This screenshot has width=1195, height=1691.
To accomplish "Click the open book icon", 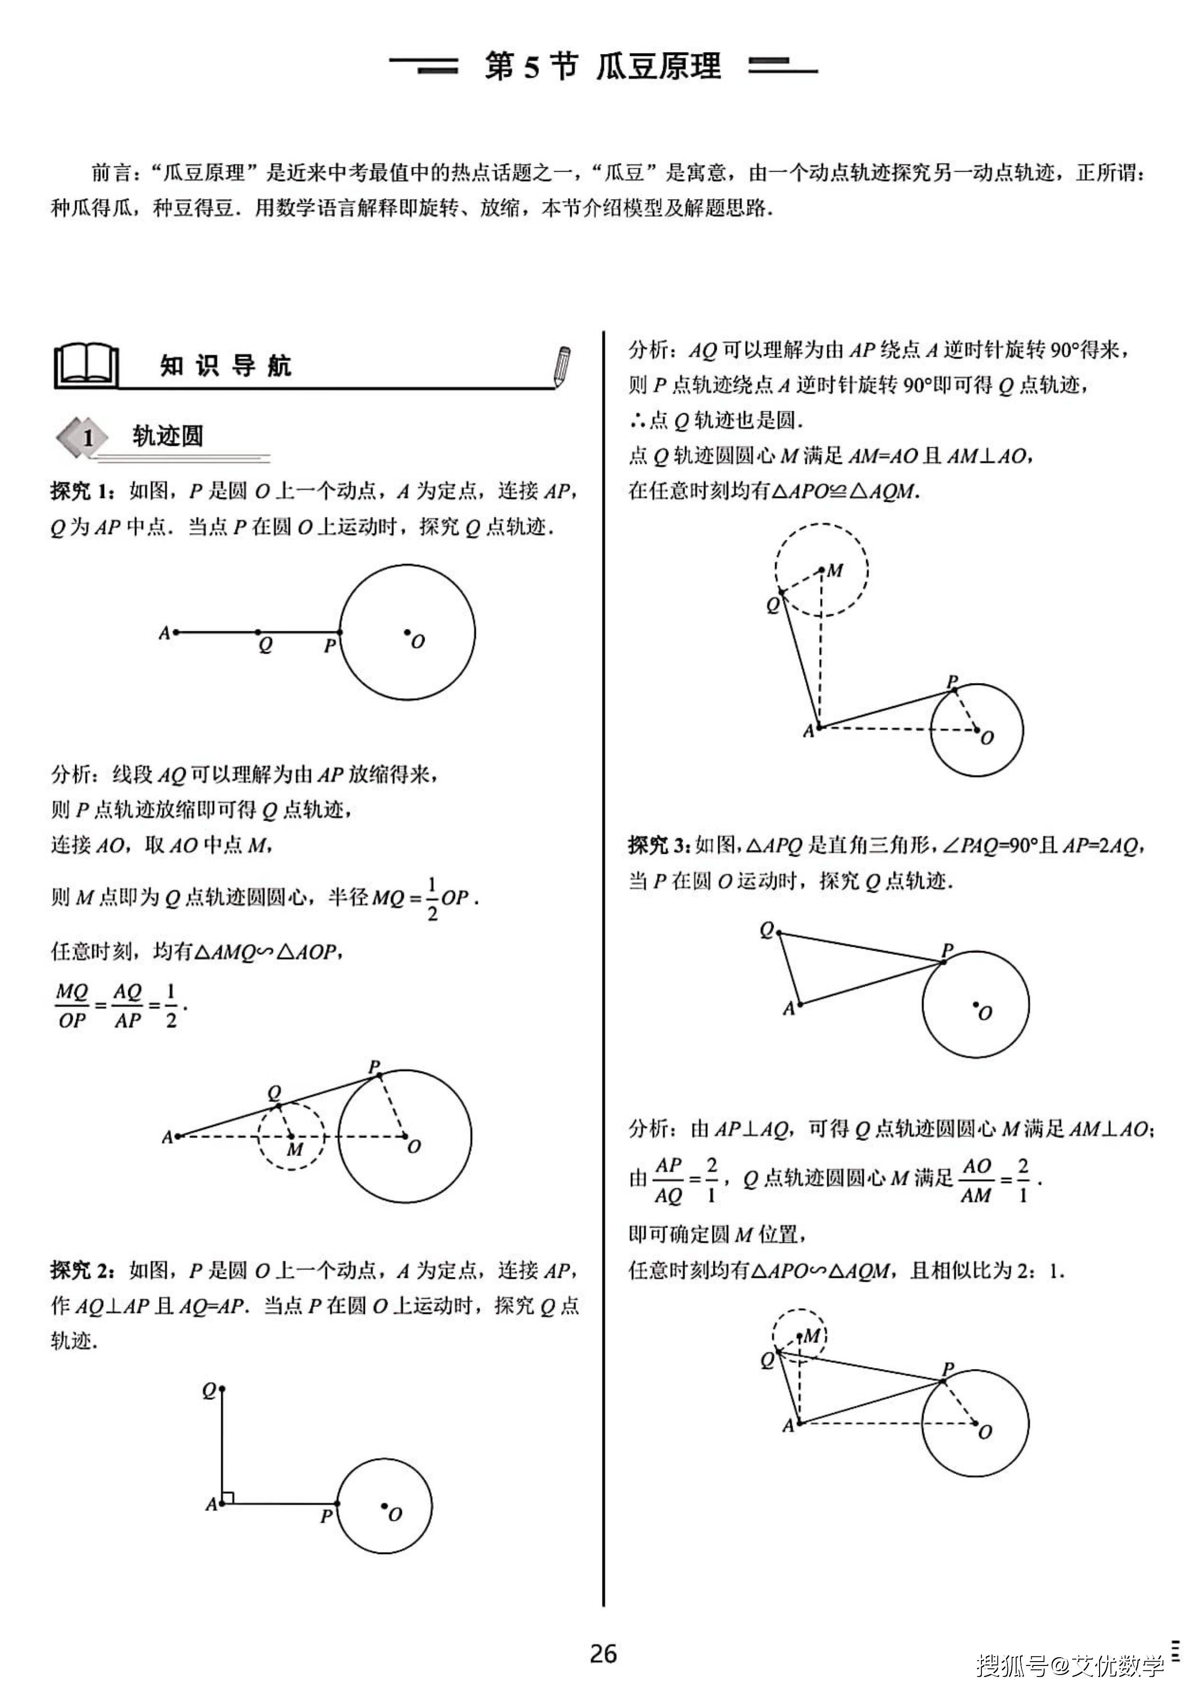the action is coord(87,365).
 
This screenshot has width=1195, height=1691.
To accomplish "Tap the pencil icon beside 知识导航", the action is coord(563,366).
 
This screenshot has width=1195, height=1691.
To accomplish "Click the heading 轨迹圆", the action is coord(167,436).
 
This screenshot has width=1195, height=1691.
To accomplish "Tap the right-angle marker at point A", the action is coord(228,1497).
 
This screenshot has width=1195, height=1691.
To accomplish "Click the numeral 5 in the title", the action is coord(531,67).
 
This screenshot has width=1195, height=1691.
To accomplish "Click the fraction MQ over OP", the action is coord(71,1006).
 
